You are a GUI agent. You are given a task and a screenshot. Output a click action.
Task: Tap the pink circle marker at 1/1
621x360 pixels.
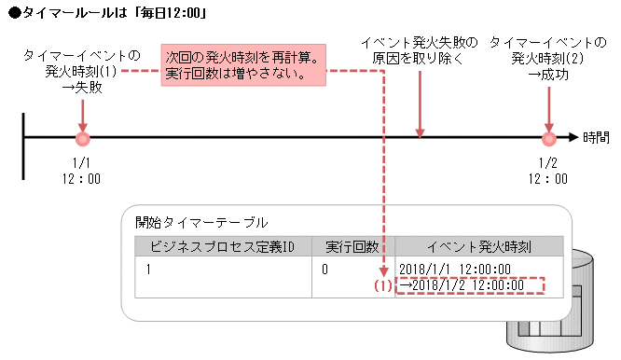(82, 139)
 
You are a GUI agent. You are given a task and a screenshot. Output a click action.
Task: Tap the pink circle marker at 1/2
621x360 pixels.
(548, 139)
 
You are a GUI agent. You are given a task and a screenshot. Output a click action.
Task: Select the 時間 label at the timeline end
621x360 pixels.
(597, 138)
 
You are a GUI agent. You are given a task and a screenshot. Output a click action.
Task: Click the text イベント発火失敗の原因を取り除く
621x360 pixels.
(420, 51)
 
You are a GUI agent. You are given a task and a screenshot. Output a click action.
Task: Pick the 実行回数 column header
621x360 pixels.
(352, 246)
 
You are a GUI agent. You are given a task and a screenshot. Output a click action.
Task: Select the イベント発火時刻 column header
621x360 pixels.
(479, 246)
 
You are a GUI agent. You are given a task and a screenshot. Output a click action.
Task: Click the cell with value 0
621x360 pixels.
(326, 269)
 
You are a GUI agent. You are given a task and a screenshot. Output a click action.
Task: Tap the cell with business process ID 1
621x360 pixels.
(149, 269)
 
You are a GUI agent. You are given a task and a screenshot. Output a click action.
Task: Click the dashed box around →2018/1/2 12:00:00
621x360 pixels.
(468, 286)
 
